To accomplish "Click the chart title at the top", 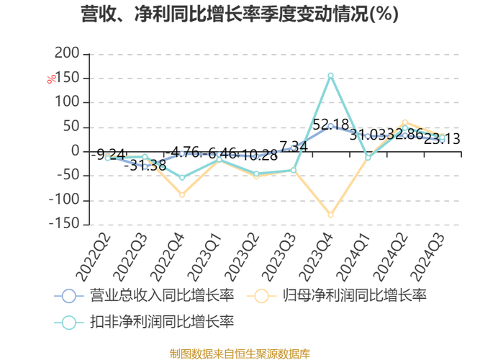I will (x=240, y=14).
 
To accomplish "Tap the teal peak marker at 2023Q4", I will (x=331, y=76).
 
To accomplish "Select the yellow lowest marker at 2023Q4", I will (x=331, y=215).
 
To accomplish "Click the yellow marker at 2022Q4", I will (x=182, y=194).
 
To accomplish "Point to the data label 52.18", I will (x=331, y=125).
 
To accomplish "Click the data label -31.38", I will (x=145, y=166).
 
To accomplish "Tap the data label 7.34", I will (x=294, y=147).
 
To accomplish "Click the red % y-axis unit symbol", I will (x=51, y=79).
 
